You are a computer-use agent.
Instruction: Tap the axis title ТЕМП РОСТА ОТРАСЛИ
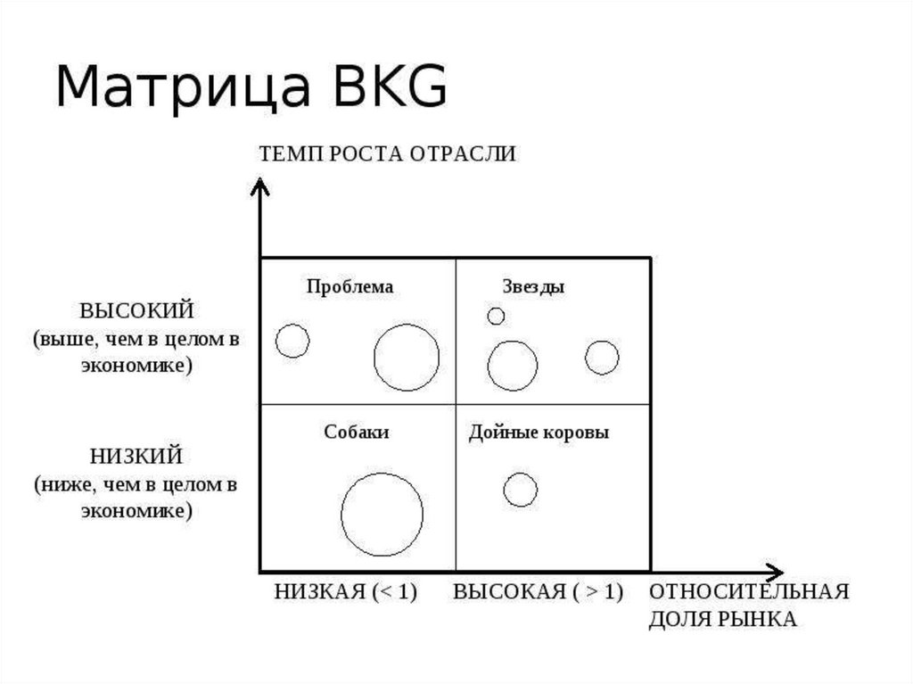[388, 153]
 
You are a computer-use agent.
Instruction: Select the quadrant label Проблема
[350, 287]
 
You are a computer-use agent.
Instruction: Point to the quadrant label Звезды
[533, 287]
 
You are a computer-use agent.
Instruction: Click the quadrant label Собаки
[357, 433]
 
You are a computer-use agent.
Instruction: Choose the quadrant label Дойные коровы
[539, 433]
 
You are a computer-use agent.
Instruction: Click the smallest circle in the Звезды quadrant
[496, 316]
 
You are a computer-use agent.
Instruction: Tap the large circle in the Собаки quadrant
[382, 515]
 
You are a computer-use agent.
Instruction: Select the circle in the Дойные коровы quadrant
[521, 490]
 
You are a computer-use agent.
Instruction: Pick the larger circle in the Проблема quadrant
[407, 358]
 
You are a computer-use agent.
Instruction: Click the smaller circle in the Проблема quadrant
[292, 341]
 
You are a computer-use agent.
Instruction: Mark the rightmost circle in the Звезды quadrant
[602, 358]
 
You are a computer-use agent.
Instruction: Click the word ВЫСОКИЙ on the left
[136, 311]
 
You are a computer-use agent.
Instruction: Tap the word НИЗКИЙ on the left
[136, 457]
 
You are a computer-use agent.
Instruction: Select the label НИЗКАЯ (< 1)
[346, 592]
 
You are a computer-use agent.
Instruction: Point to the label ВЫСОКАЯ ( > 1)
[539, 592]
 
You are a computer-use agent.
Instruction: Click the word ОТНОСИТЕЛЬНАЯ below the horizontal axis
[748, 592]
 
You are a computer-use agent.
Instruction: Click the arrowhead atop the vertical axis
[259, 186]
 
